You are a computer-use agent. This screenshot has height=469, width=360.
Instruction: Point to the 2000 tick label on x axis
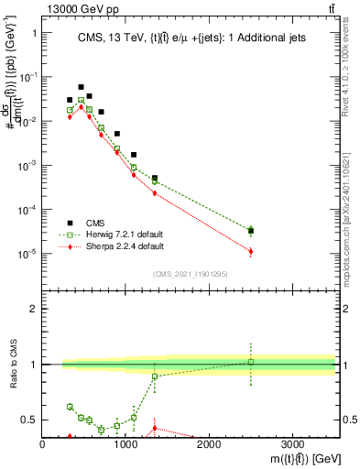point(209,444)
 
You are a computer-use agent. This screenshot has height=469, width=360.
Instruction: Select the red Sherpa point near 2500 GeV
point(250,251)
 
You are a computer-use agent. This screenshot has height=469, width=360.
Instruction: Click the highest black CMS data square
point(81,87)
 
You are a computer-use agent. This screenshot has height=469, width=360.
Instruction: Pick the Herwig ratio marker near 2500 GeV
point(250,362)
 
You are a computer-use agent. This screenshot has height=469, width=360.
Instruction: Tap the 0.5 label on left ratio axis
point(29,420)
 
